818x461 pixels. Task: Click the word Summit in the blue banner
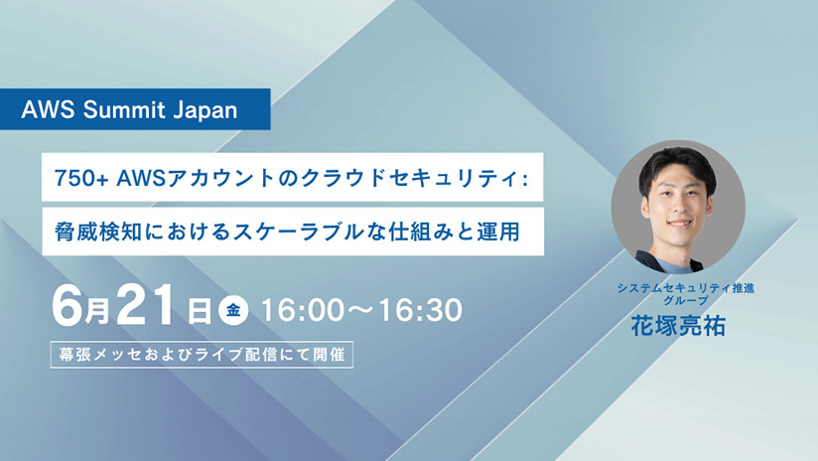click(124, 109)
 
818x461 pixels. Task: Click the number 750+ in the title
click(81, 179)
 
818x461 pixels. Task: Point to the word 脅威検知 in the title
click(98, 231)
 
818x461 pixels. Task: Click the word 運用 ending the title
click(498, 231)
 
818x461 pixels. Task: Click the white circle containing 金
click(233, 310)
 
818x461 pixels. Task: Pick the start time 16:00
click(302, 310)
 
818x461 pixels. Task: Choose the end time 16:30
click(421, 310)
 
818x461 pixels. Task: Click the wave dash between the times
click(360, 310)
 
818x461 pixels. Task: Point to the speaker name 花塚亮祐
click(678, 326)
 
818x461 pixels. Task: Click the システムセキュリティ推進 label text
click(686, 288)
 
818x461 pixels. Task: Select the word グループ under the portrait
click(686, 300)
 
